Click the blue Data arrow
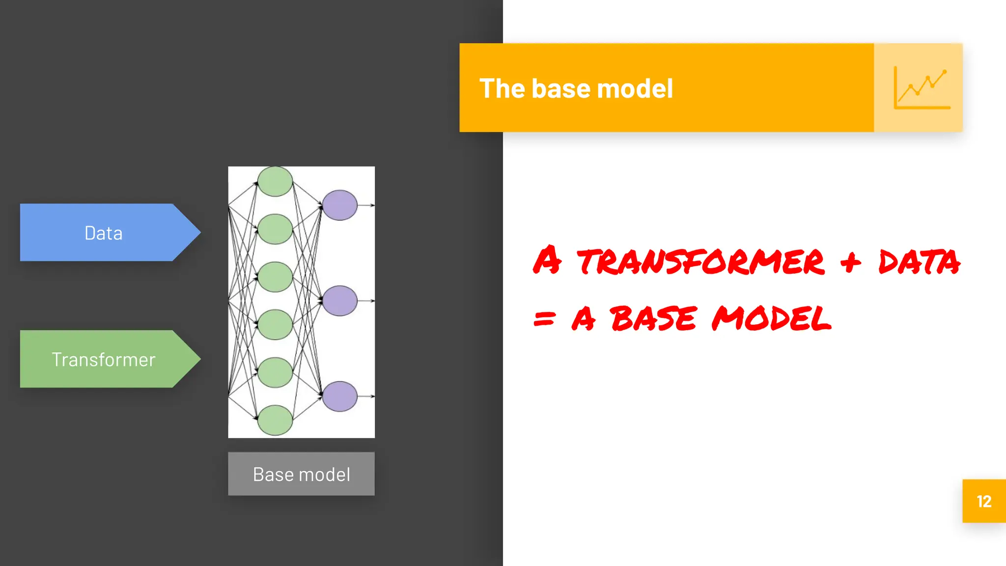tap(104, 232)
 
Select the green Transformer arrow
tap(104, 359)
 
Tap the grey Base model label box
tap(301, 474)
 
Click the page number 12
tap(984, 501)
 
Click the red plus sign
tap(850, 262)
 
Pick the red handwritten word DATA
tap(919, 261)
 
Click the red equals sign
tap(544, 319)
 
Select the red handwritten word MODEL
tap(771, 318)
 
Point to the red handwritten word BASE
tap(653, 318)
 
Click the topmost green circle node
tap(275, 181)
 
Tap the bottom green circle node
tap(275, 420)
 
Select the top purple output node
tap(339, 205)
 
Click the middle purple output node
tap(339, 300)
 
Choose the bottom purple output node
tap(339, 396)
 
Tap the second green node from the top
tap(275, 229)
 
